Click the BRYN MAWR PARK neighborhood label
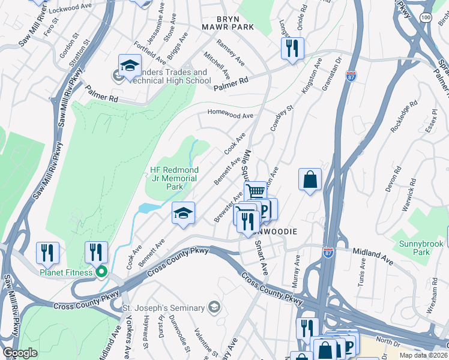pos(228,22)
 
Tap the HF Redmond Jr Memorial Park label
pos(173,178)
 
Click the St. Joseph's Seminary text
pos(163,308)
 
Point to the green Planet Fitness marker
pos(101,272)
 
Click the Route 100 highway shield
pos(425,19)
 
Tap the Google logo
pos(20,353)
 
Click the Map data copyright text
pos(423,355)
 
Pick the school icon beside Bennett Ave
pos(184,212)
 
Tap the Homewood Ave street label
pos(231,113)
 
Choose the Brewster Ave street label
pos(229,208)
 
